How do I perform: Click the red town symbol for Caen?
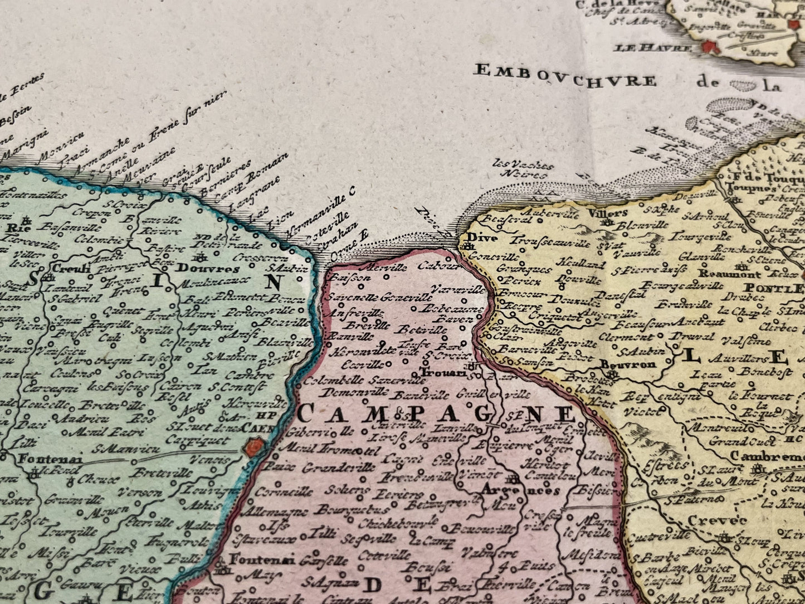point(253,447)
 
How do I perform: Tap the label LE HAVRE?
point(651,48)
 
